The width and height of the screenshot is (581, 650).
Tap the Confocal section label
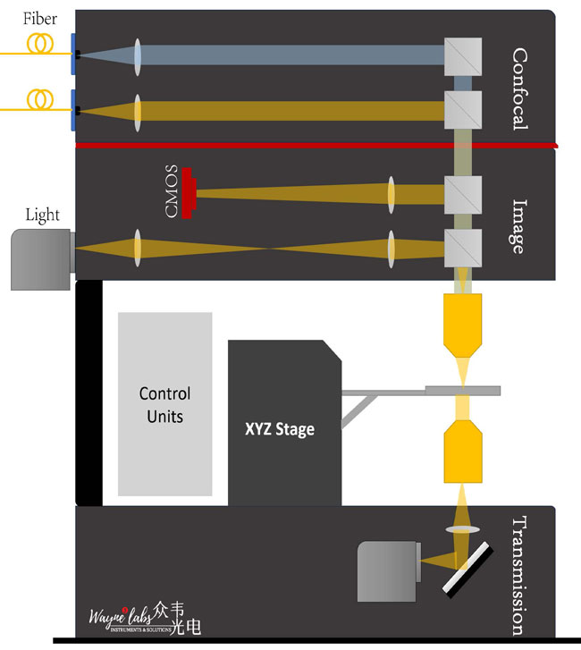[520, 89]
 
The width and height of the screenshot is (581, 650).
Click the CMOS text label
[172, 191]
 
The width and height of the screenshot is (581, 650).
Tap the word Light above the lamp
[43, 215]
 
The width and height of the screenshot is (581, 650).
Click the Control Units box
[165, 404]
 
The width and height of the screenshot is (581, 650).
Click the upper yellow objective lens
[463, 323]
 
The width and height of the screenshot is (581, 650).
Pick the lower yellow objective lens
[463, 452]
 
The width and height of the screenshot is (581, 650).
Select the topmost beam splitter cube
[464, 55]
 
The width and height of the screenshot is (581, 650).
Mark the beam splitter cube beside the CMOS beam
[464, 193]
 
